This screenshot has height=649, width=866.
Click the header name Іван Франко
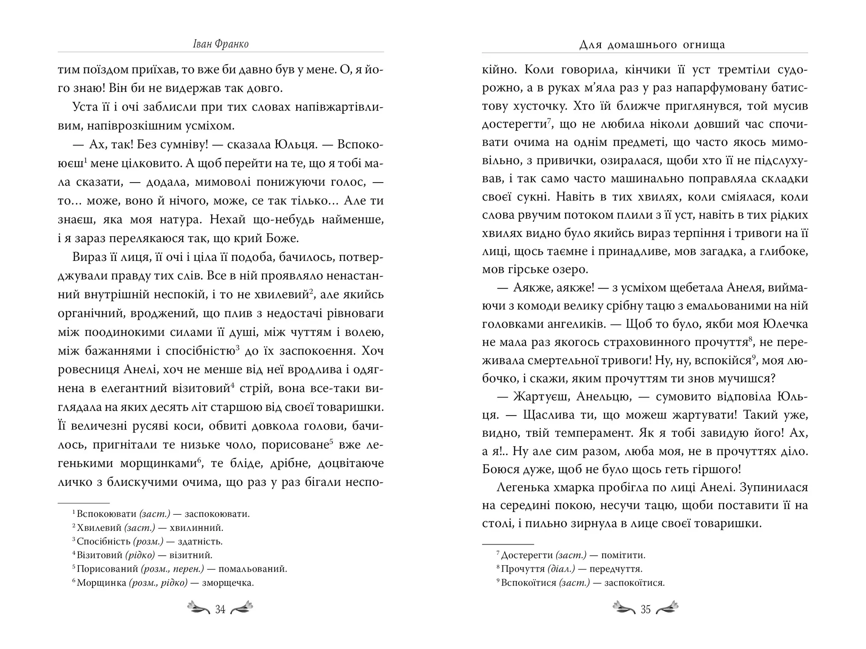221,44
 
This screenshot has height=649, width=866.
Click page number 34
220,609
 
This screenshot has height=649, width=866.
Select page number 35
645,609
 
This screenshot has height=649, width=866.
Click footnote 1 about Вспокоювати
161,513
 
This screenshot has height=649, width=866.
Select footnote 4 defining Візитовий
142,555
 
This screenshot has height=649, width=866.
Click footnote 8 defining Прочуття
569,569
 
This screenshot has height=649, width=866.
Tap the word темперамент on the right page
594,433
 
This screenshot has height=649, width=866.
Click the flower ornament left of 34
198,608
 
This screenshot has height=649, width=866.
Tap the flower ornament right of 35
667,608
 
